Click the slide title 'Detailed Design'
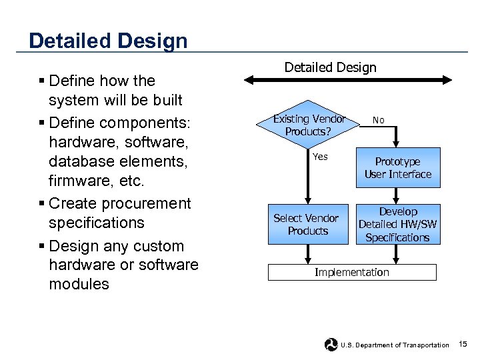[108, 41]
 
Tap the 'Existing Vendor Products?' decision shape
[308, 125]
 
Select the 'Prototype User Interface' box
[397, 168]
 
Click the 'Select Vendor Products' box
[307, 225]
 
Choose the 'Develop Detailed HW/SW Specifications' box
[397, 225]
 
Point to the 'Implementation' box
[352, 272]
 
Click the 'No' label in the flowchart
[378, 120]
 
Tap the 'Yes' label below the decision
[320, 157]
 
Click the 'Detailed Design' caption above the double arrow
[330, 67]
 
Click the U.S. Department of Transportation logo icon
[331, 345]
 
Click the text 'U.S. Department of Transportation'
[395, 345]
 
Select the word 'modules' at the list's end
[79, 284]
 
